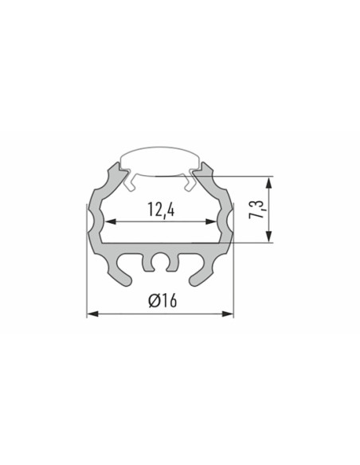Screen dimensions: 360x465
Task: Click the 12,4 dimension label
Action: coord(161,209)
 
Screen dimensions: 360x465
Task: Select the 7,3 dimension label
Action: coord(256,209)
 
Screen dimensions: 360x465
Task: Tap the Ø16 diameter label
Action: coord(162,300)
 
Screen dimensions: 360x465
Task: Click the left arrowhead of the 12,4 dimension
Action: coord(111,221)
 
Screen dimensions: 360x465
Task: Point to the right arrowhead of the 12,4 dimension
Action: coord(211,221)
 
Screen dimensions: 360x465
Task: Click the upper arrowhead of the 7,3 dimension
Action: coord(268,182)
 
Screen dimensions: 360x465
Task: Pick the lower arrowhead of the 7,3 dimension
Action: coord(268,236)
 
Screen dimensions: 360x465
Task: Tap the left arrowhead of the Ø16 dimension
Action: coord(93,314)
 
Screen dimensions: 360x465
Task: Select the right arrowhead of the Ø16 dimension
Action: coord(228,314)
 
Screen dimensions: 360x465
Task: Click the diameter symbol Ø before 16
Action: coord(155,300)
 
